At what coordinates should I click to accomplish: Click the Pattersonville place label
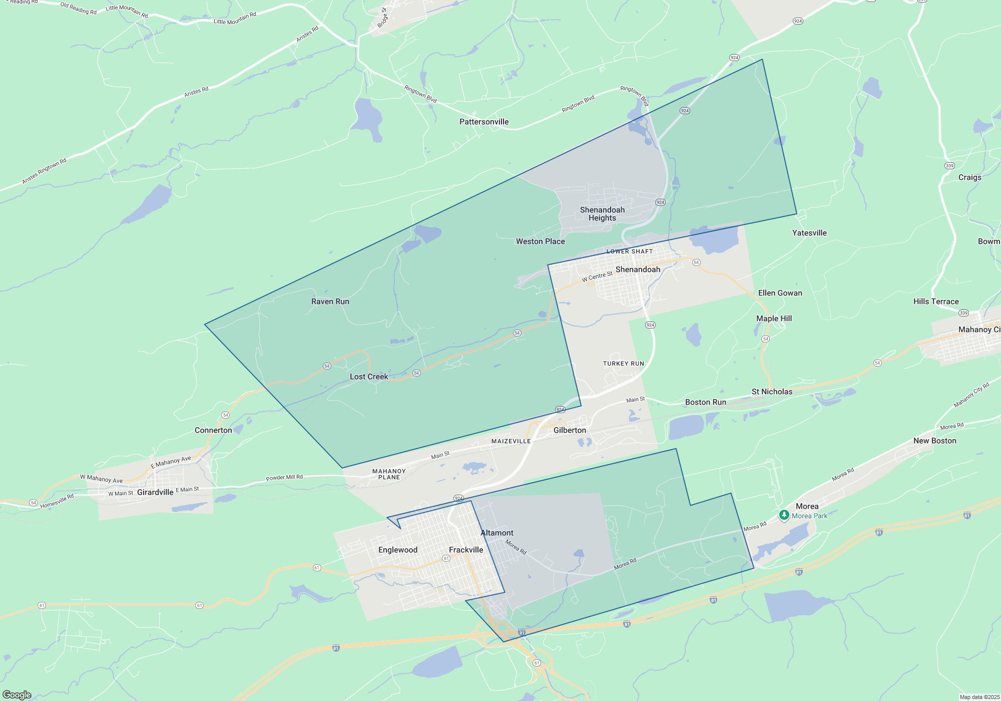[484, 122]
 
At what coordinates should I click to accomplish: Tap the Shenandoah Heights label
[602, 214]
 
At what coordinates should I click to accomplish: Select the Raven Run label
[330, 301]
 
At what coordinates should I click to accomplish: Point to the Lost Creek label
[369, 377]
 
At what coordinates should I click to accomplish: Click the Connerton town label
[213, 430]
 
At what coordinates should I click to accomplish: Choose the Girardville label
[155, 492]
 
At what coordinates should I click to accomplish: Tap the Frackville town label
[466, 550]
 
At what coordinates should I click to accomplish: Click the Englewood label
[398, 550]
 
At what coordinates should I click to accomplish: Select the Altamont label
[497, 533]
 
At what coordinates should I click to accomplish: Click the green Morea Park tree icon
[784, 515]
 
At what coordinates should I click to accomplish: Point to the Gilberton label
[570, 430]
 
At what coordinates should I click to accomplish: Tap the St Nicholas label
[772, 392]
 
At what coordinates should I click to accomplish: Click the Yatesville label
[809, 233]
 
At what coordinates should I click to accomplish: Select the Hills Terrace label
[936, 301]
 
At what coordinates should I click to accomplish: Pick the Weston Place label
[541, 241]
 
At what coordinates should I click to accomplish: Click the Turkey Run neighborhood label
[624, 364]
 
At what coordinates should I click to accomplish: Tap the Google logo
[17, 695]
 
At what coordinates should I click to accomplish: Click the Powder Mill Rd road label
[284, 477]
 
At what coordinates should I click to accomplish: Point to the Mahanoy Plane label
[389, 474]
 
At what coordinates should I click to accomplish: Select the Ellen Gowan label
[780, 293]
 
